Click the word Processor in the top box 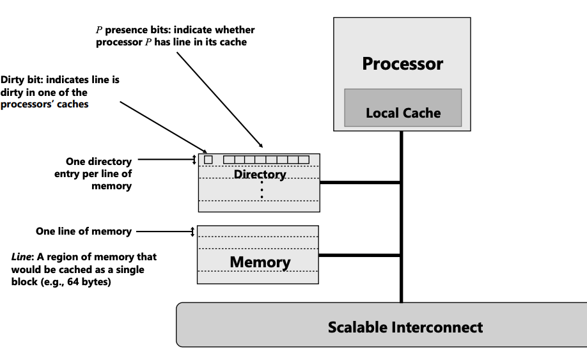point(402,64)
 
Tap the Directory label point(260,175)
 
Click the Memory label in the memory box point(260,262)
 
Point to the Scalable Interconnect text point(405,327)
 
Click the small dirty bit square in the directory point(208,159)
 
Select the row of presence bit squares point(266,159)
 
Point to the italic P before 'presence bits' point(98,30)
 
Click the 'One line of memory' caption point(84,231)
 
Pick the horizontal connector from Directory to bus point(360,183)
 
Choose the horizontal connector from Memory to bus point(359,256)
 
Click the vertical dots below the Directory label point(262,190)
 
